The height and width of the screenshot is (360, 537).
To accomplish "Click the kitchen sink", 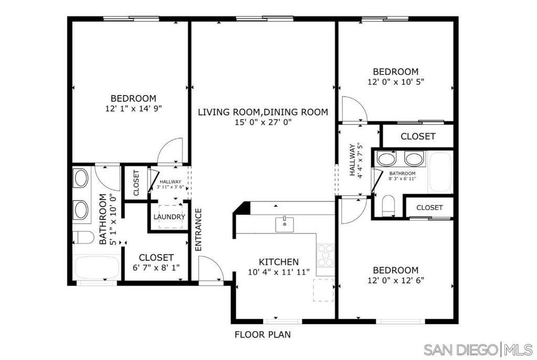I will coord(285,224).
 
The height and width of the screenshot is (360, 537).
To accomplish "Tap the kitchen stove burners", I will coord(326,256).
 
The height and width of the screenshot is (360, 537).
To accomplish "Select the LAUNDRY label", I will coord(169,217).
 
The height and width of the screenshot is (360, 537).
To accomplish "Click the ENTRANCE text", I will coord(199,229).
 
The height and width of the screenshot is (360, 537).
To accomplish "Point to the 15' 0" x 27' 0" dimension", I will coord(263,122).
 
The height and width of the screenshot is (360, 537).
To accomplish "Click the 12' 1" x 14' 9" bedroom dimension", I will coord(133,109).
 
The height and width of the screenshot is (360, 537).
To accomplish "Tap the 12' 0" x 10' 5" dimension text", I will coord(395,82).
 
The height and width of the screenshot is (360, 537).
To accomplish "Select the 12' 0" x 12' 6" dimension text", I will coord(395,280).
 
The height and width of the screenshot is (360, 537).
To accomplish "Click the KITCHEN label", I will coord(279,262).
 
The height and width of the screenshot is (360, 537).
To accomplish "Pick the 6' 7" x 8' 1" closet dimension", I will coord(156,267).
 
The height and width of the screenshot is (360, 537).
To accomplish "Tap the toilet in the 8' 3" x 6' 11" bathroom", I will coord(389,205).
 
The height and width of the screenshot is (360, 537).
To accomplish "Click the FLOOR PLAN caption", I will coord(262,334).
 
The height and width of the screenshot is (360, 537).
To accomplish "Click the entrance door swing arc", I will coord(212,268).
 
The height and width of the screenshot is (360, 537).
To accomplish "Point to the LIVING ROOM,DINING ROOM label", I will coord(263,112).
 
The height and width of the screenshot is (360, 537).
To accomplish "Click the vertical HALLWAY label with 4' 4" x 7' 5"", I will coord(356,160).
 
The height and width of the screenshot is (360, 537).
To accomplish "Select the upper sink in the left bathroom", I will coord(81,178).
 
